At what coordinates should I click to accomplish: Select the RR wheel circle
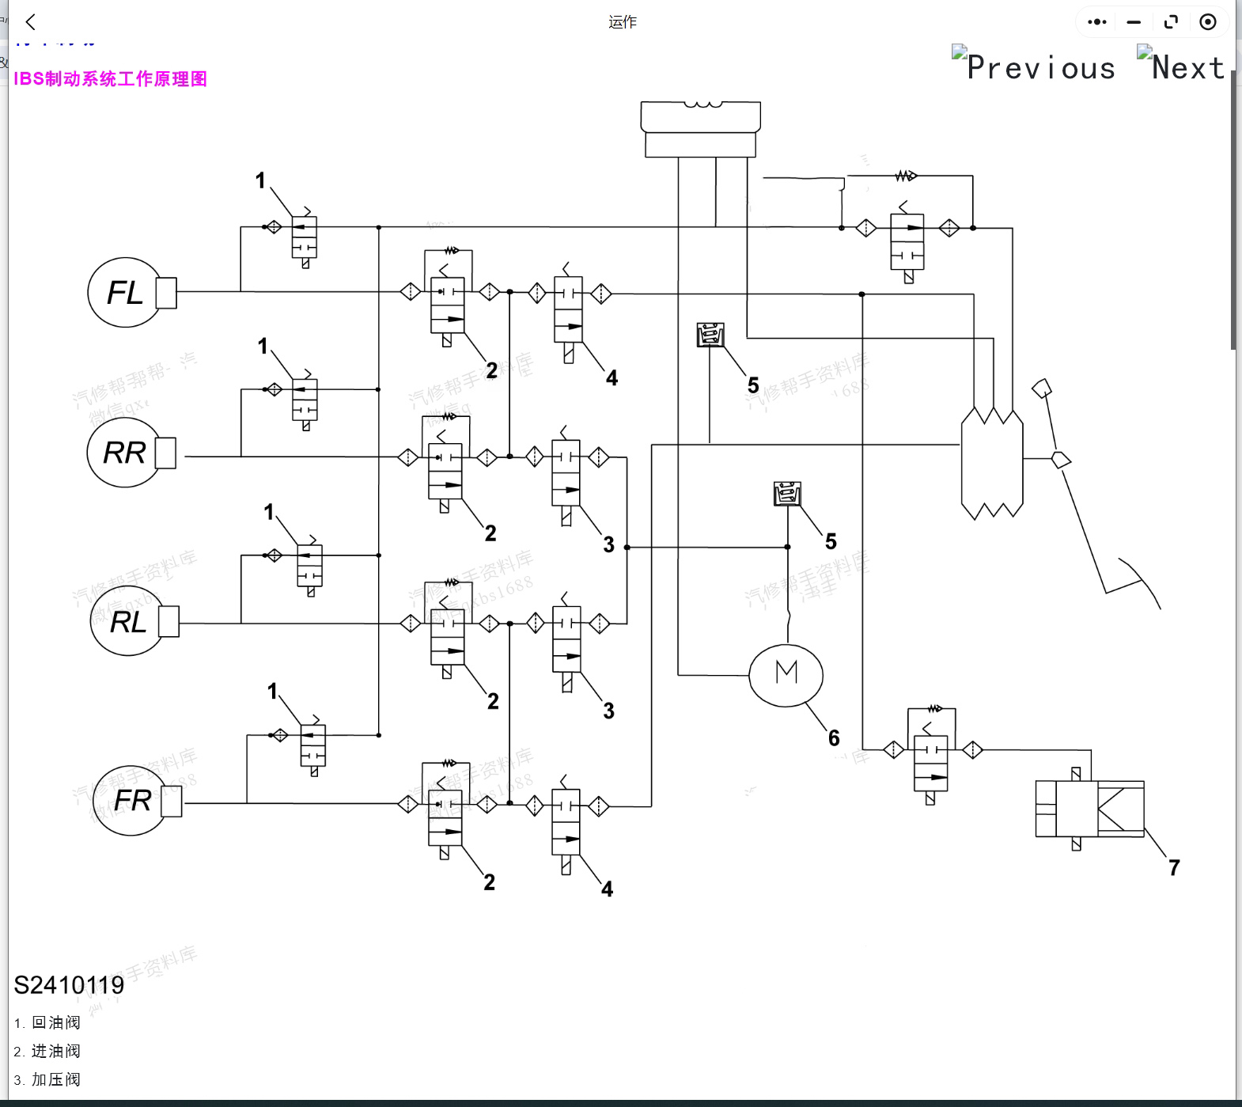[x=123, y=453]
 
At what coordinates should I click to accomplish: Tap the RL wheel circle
[x=127, y=622]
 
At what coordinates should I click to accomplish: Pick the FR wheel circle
[x=130, y=800]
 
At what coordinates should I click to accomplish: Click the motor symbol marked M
[x=786, y=674]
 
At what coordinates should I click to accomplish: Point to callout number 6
[x=834, y=738]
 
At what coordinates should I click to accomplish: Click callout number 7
[x=1174, y=868]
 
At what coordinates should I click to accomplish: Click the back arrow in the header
[x=31, y=22]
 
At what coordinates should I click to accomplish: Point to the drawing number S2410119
[x=69, y=985]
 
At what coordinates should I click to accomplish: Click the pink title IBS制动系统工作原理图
[x=110, y=79]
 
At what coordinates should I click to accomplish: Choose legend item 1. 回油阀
[x=47, y=1022]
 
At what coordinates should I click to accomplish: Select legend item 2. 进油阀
[x=47, y=1051]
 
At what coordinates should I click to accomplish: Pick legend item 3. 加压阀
[x=47, y=1079]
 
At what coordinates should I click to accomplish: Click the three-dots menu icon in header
[x=1096, y=22]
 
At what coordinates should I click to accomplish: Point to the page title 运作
[x=623, y=22]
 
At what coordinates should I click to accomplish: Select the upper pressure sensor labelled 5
[x=710, y=335]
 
